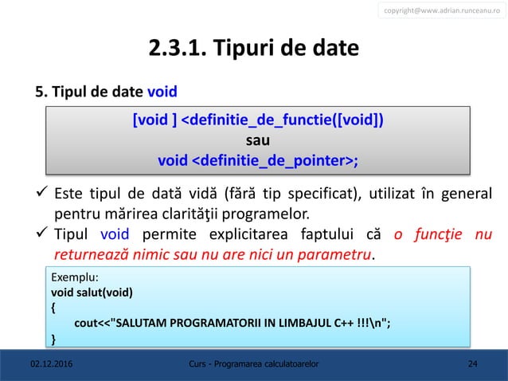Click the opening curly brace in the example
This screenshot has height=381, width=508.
[x=53, y=307]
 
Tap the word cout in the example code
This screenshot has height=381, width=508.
[x=84, y=323]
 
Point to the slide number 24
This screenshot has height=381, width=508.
[x=473, y=364]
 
